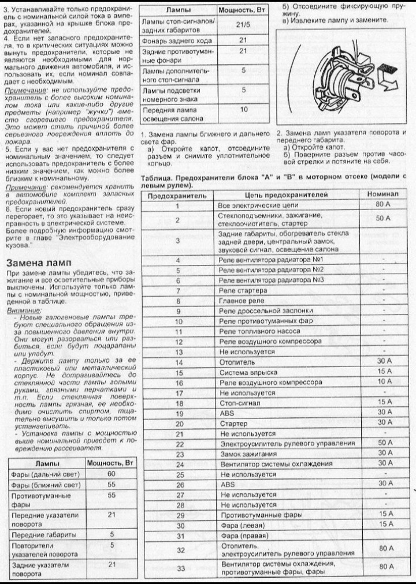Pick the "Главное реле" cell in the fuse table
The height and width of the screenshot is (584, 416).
click(x=242, y=301)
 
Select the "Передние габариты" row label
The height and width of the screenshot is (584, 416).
click(x=37, y=534)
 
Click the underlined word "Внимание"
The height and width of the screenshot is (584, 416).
click(x=20, y=310)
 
